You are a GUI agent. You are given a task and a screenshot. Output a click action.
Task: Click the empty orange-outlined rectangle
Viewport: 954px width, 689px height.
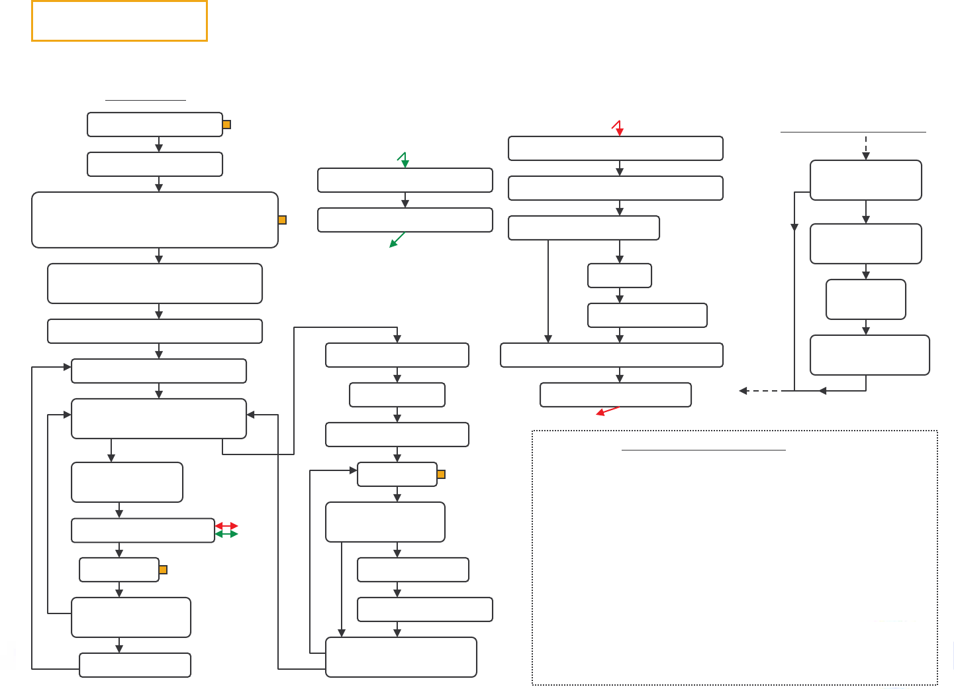tap(119, 21)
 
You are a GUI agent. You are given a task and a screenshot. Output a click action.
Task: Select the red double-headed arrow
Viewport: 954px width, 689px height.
tap(226, 526)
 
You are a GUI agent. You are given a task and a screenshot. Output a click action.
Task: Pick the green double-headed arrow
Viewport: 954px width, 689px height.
tap(226, 534)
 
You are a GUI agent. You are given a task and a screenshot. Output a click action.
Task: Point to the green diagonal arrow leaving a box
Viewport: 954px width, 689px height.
tap(397, 240)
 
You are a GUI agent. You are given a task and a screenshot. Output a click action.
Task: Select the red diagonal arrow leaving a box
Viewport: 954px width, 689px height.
tap(608, 411)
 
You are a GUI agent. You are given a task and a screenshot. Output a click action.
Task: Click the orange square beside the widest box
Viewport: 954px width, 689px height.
tap(282, 220)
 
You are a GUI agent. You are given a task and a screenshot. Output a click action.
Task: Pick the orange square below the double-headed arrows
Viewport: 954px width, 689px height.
tap(163, 570)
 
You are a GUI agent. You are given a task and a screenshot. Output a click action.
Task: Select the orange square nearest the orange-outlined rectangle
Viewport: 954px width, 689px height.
tap(226, 125)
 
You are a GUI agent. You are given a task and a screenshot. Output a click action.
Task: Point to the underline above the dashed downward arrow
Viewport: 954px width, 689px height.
tap(853, 132)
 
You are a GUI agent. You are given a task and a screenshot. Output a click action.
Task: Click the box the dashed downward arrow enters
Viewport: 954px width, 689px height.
tap(865, 180)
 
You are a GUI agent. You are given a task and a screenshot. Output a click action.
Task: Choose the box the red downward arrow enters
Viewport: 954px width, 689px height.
tap(615, 148)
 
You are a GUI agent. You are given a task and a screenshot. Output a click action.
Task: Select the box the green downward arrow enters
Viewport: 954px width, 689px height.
tap(405, 180)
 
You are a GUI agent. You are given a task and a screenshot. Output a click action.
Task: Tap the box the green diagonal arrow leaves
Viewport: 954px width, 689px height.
tap(405, 220)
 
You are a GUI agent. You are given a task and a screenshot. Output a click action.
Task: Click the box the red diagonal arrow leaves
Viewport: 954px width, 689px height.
tap(615, 395)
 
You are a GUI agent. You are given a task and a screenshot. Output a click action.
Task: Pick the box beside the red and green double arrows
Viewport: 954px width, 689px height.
tap(142, 531)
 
